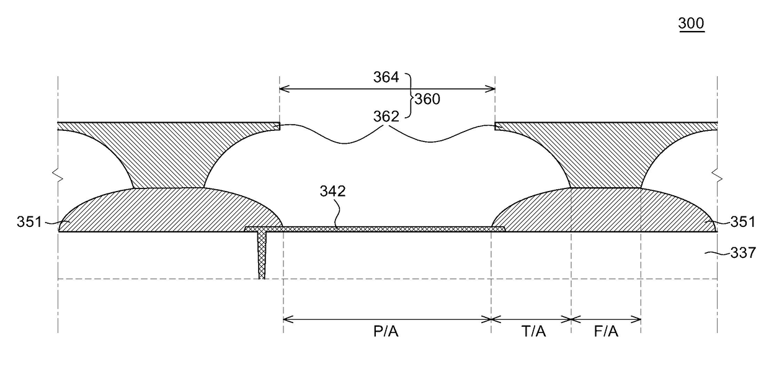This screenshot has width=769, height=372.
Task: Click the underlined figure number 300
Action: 691,24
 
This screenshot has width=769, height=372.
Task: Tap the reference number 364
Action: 386,77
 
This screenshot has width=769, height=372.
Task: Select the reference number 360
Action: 427,99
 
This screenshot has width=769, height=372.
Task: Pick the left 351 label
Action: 29,221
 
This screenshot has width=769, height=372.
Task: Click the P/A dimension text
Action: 386,332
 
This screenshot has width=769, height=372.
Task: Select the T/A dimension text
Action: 533,332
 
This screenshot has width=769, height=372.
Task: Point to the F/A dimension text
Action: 606,332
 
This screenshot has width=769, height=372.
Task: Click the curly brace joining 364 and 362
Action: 410,98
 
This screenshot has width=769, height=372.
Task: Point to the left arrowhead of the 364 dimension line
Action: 282,89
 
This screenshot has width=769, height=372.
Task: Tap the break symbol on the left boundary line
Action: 58,178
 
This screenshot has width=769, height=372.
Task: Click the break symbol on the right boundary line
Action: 718,178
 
